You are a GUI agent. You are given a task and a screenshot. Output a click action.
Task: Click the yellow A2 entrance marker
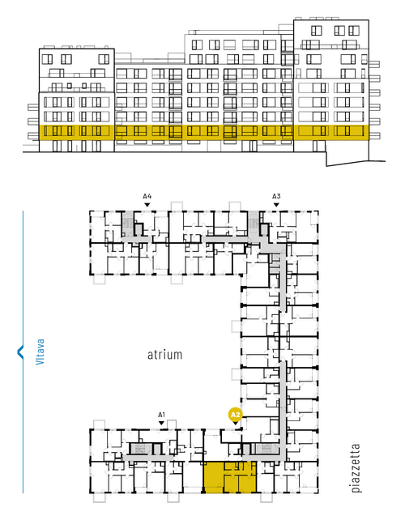point(235,415)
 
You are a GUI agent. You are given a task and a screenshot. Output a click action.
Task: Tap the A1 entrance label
point(161,415)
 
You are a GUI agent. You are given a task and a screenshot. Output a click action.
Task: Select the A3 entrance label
point(276,196)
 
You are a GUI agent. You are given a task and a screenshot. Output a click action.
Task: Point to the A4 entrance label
point(147,196)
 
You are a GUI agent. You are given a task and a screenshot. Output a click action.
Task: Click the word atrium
point(164,355)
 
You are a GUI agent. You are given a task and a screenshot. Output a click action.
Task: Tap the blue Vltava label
point(40,352)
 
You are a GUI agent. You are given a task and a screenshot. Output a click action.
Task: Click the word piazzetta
point(356,468)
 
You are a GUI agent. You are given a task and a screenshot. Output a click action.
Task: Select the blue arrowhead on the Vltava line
point(20,352)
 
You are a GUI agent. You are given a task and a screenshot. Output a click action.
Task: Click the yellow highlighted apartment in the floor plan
point(230,477)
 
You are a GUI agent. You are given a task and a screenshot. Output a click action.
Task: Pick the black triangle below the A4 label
point(147,205)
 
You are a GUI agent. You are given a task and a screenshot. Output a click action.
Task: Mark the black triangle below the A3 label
point(276,205)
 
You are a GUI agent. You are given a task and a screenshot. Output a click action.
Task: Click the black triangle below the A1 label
point(161,423)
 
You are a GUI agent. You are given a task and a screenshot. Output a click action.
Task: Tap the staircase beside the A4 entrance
point(127,224)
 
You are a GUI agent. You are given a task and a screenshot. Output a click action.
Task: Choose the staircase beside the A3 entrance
point(253,224)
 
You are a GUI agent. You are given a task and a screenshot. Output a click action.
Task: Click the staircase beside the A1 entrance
point(141,449)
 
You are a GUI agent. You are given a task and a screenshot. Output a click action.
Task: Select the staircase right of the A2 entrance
point(266,449)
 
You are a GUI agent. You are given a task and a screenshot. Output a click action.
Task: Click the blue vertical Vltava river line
point(23,352)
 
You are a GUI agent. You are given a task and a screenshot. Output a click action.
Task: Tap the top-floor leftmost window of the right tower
point(316,31)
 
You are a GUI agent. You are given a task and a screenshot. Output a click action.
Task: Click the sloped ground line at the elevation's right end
point(356,163)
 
